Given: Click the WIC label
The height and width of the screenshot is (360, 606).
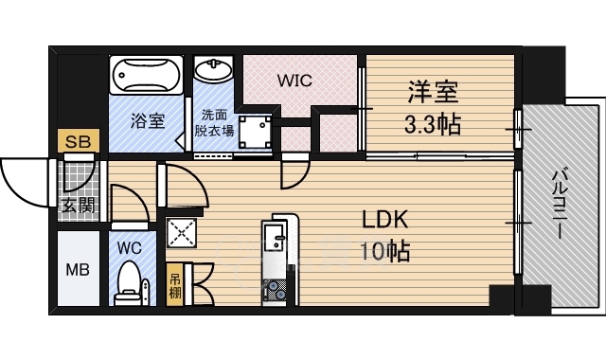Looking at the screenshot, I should point(294,81).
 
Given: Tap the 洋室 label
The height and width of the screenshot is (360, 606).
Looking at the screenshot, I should point(434,92).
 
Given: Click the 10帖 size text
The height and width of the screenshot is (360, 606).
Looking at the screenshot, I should point(384,252).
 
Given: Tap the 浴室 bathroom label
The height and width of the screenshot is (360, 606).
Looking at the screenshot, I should point(148,121).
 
